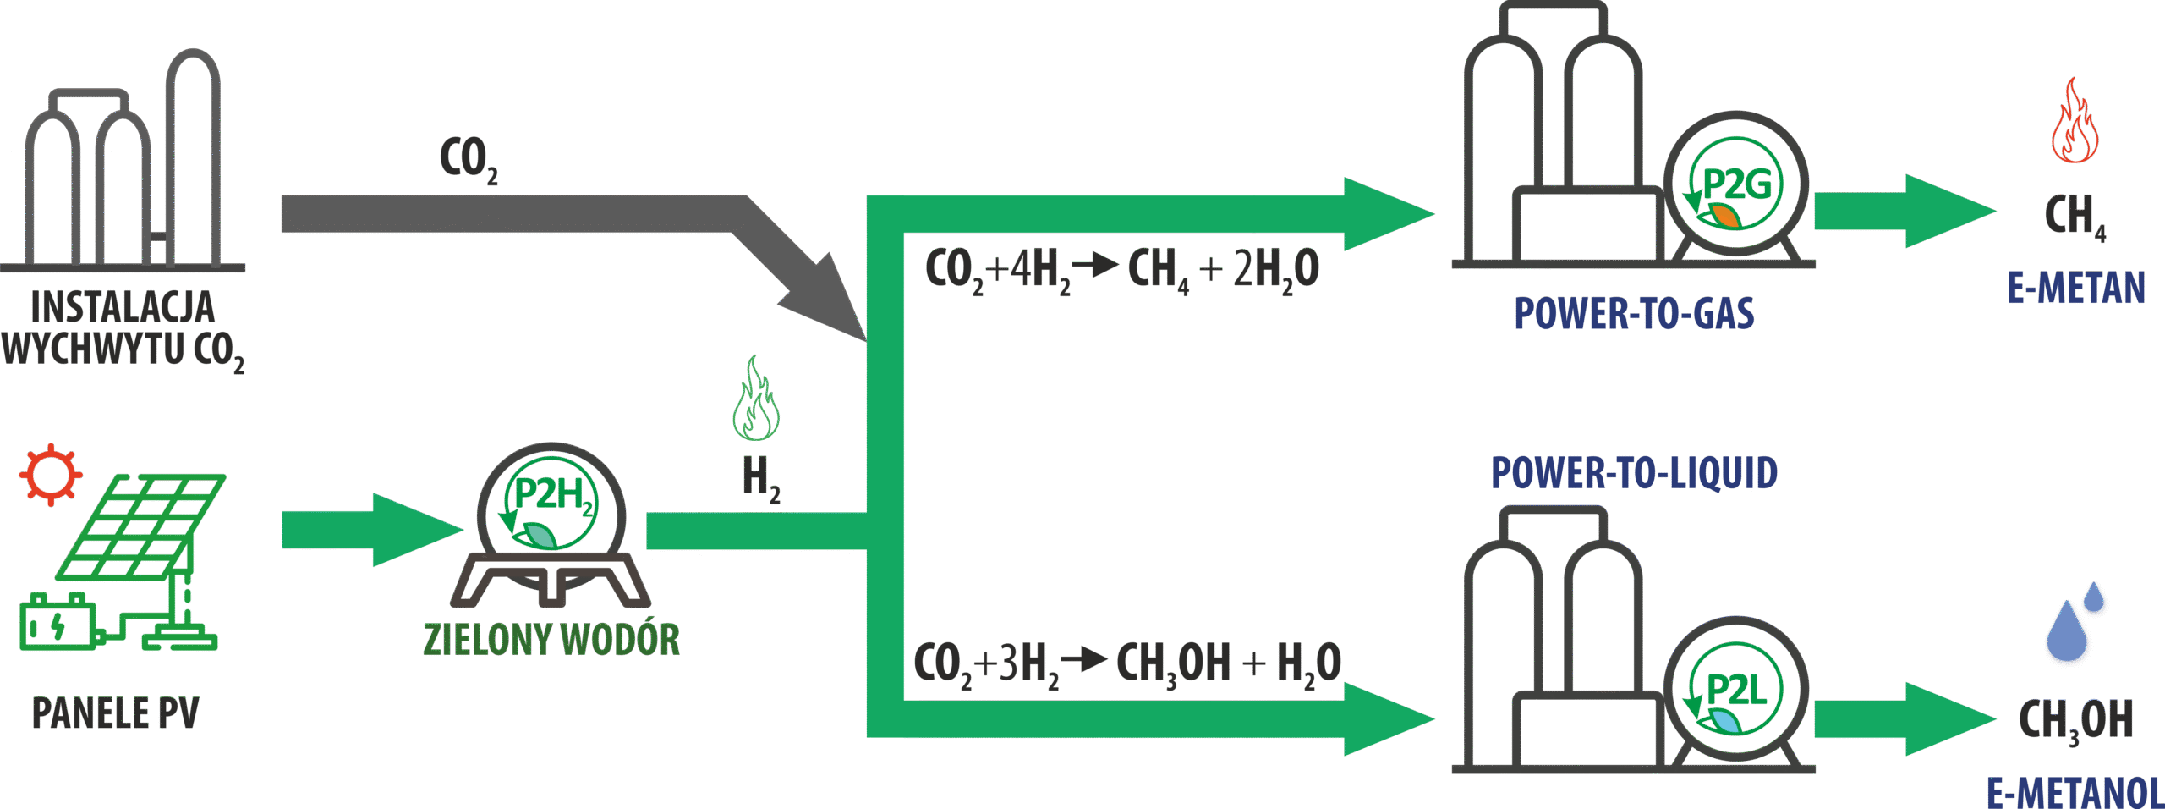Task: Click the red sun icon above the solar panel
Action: tap(51, 474)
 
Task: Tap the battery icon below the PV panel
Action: tap(58, 623)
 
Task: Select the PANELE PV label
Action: tap(115, 713)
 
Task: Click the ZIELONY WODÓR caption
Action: tap(551, 640)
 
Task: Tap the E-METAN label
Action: tap(2075, 289)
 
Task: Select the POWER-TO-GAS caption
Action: tap(1634, 313)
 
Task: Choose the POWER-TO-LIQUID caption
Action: tap(1634, 472)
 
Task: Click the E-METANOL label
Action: tap(2074, 792)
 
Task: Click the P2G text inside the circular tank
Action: tap(1735, 184)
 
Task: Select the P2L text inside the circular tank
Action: tap(1735, 690)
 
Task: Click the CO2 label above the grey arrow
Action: tap(468, 159)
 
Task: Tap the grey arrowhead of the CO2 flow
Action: tap(825, 300)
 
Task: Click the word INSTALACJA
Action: tap(123, 308)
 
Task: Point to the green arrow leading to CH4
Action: tap(1903, 212)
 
